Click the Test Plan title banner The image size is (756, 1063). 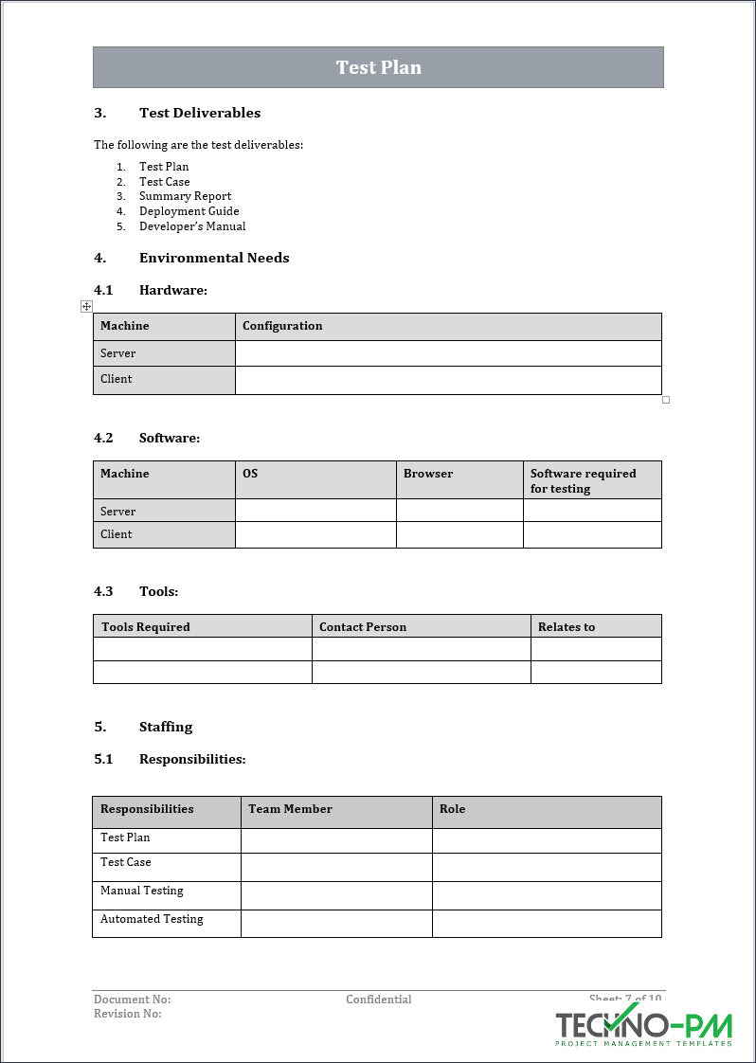point(378,67)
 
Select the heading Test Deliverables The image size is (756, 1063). point(200,113)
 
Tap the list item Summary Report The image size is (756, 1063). point(185,196)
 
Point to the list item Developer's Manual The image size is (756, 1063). point(192,226)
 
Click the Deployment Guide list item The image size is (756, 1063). point(189,211)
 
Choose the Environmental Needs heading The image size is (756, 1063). point(214,258)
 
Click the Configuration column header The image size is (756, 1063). point(282,326)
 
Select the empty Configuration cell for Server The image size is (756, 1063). point(448,353)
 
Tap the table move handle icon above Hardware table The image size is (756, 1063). point(86,306)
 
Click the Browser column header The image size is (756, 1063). point(428,474)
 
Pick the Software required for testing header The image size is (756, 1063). point(583,480)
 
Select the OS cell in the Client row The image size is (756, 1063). point(315,534)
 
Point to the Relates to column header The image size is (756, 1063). point(567,627)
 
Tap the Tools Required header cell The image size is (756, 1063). point(146,627)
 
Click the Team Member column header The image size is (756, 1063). point(290,809)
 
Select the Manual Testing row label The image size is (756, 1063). point(142,891)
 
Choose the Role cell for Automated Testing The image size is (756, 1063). point(547,924)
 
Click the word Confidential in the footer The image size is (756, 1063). point(379,1000)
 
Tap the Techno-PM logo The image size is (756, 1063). point(643,1027)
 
